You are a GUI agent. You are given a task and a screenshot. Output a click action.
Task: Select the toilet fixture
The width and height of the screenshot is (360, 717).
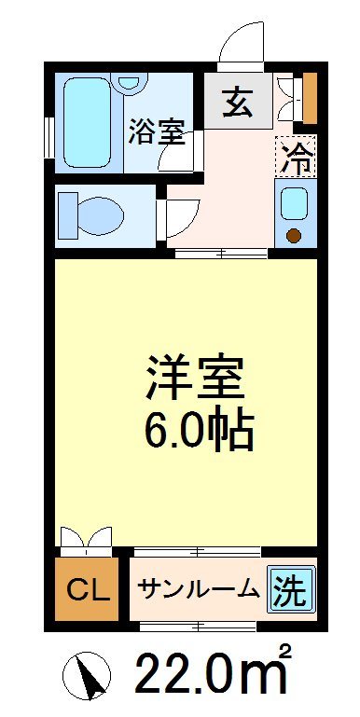[91, 215]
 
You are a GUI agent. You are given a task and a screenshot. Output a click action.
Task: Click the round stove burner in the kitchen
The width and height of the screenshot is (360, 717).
[296, 235]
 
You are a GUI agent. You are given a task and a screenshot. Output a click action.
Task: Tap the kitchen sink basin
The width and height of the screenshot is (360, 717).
[296, 202]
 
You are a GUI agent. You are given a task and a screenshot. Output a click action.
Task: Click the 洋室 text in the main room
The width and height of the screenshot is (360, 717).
[194, 378]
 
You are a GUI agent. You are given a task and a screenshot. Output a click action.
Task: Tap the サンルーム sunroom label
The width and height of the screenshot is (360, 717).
[198, 588]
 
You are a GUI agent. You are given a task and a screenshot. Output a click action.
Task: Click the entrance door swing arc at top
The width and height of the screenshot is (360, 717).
[241, 43]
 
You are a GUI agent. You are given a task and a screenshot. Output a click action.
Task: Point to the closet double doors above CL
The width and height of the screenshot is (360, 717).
[87, 541]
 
